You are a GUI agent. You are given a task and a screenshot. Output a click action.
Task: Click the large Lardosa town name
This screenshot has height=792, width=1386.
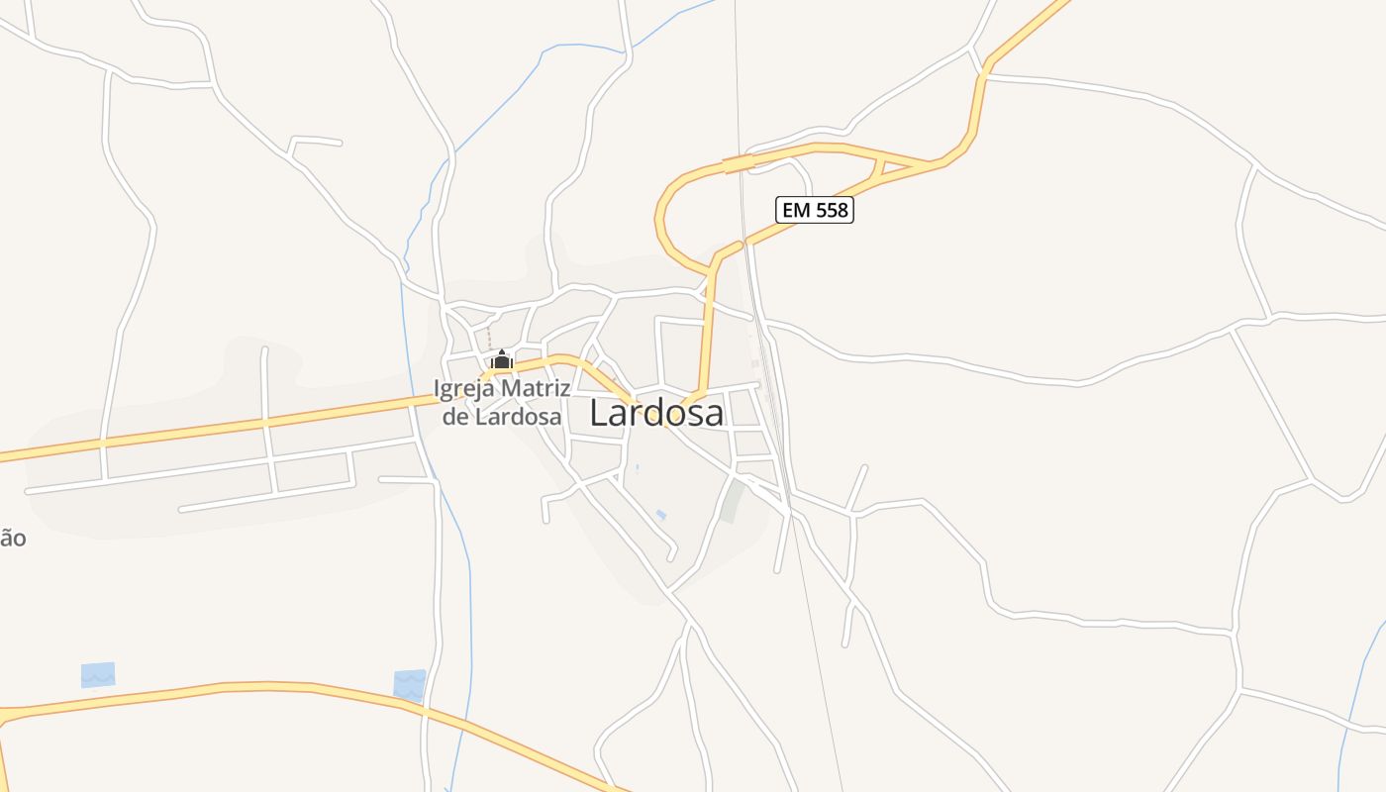pyautogui.click(x=656, y=413)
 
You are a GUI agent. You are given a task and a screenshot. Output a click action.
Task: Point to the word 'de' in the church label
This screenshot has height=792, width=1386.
pyautogui.click(x=454, y=416)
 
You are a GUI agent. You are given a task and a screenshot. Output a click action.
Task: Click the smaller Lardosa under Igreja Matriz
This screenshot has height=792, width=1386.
pyautogui.click(x=517, y=416)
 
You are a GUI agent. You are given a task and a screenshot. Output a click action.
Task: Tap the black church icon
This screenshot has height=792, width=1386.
pyautogui.click(x=501, y=358)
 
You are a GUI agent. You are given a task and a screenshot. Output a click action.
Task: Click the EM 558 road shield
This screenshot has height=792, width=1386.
pyautogui.click(x=814, y=210)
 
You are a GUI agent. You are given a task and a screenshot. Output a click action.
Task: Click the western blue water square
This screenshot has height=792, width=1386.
pyautogui.click(x=98, y=675)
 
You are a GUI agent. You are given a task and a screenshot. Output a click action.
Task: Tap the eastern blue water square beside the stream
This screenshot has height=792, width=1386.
pyautogui.click(x=409, y=684)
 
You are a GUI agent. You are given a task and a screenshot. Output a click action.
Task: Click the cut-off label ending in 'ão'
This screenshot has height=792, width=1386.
pyautogui.click(x=12, y=539)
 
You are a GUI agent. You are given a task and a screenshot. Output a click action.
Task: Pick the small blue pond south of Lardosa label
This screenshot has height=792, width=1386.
pyautogui.click(x=660, y=514)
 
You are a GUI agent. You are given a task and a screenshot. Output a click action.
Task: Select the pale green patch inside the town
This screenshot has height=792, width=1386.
pyautogui.click(x=732, y=501)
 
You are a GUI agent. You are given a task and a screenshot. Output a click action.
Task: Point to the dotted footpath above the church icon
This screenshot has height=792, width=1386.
pyautogui.click(x=488, y=336)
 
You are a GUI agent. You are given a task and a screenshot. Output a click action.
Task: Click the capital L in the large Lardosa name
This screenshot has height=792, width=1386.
pyautogui.click(x=599, y=413)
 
